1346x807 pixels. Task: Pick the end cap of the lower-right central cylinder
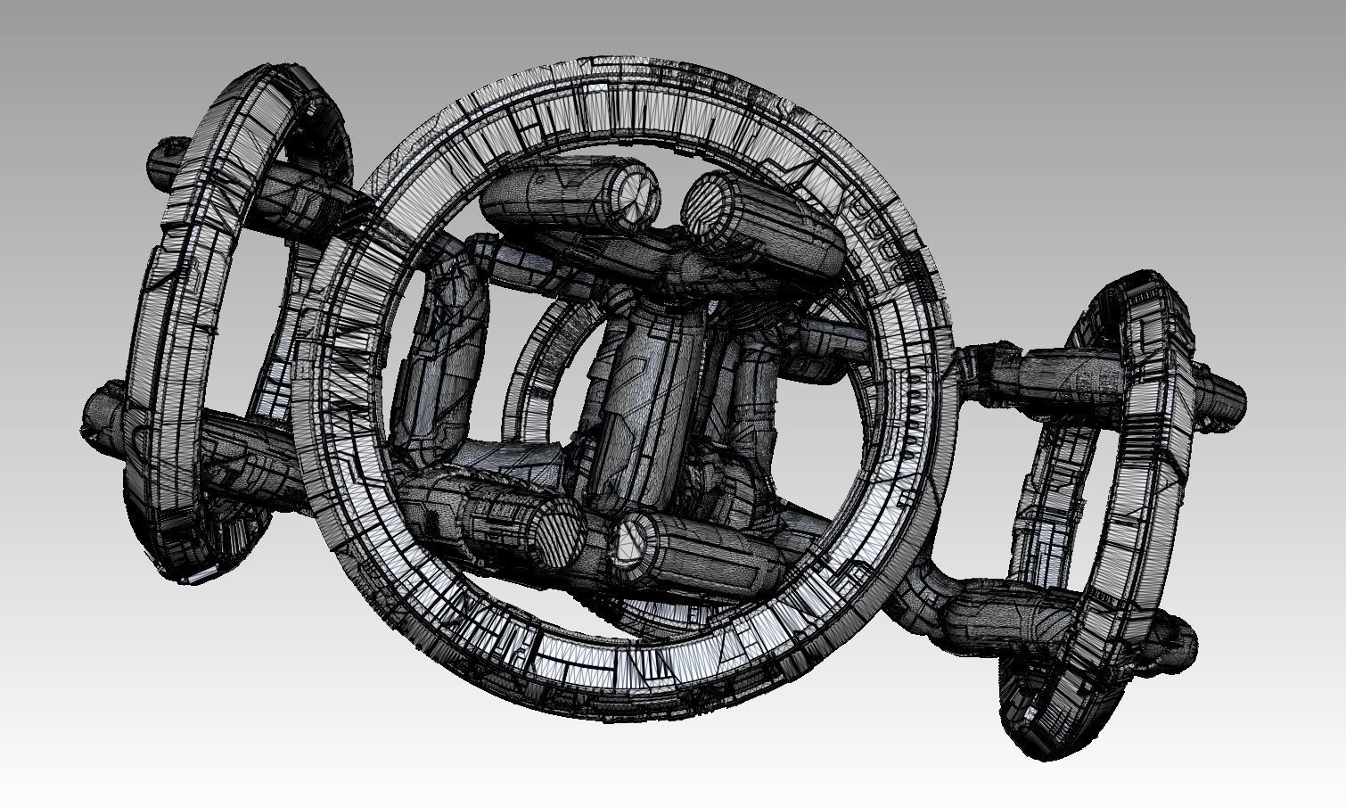pyautogui.click(x=634, y=539)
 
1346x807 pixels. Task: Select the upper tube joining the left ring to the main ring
pyautogui.click(x=303, y=192)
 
